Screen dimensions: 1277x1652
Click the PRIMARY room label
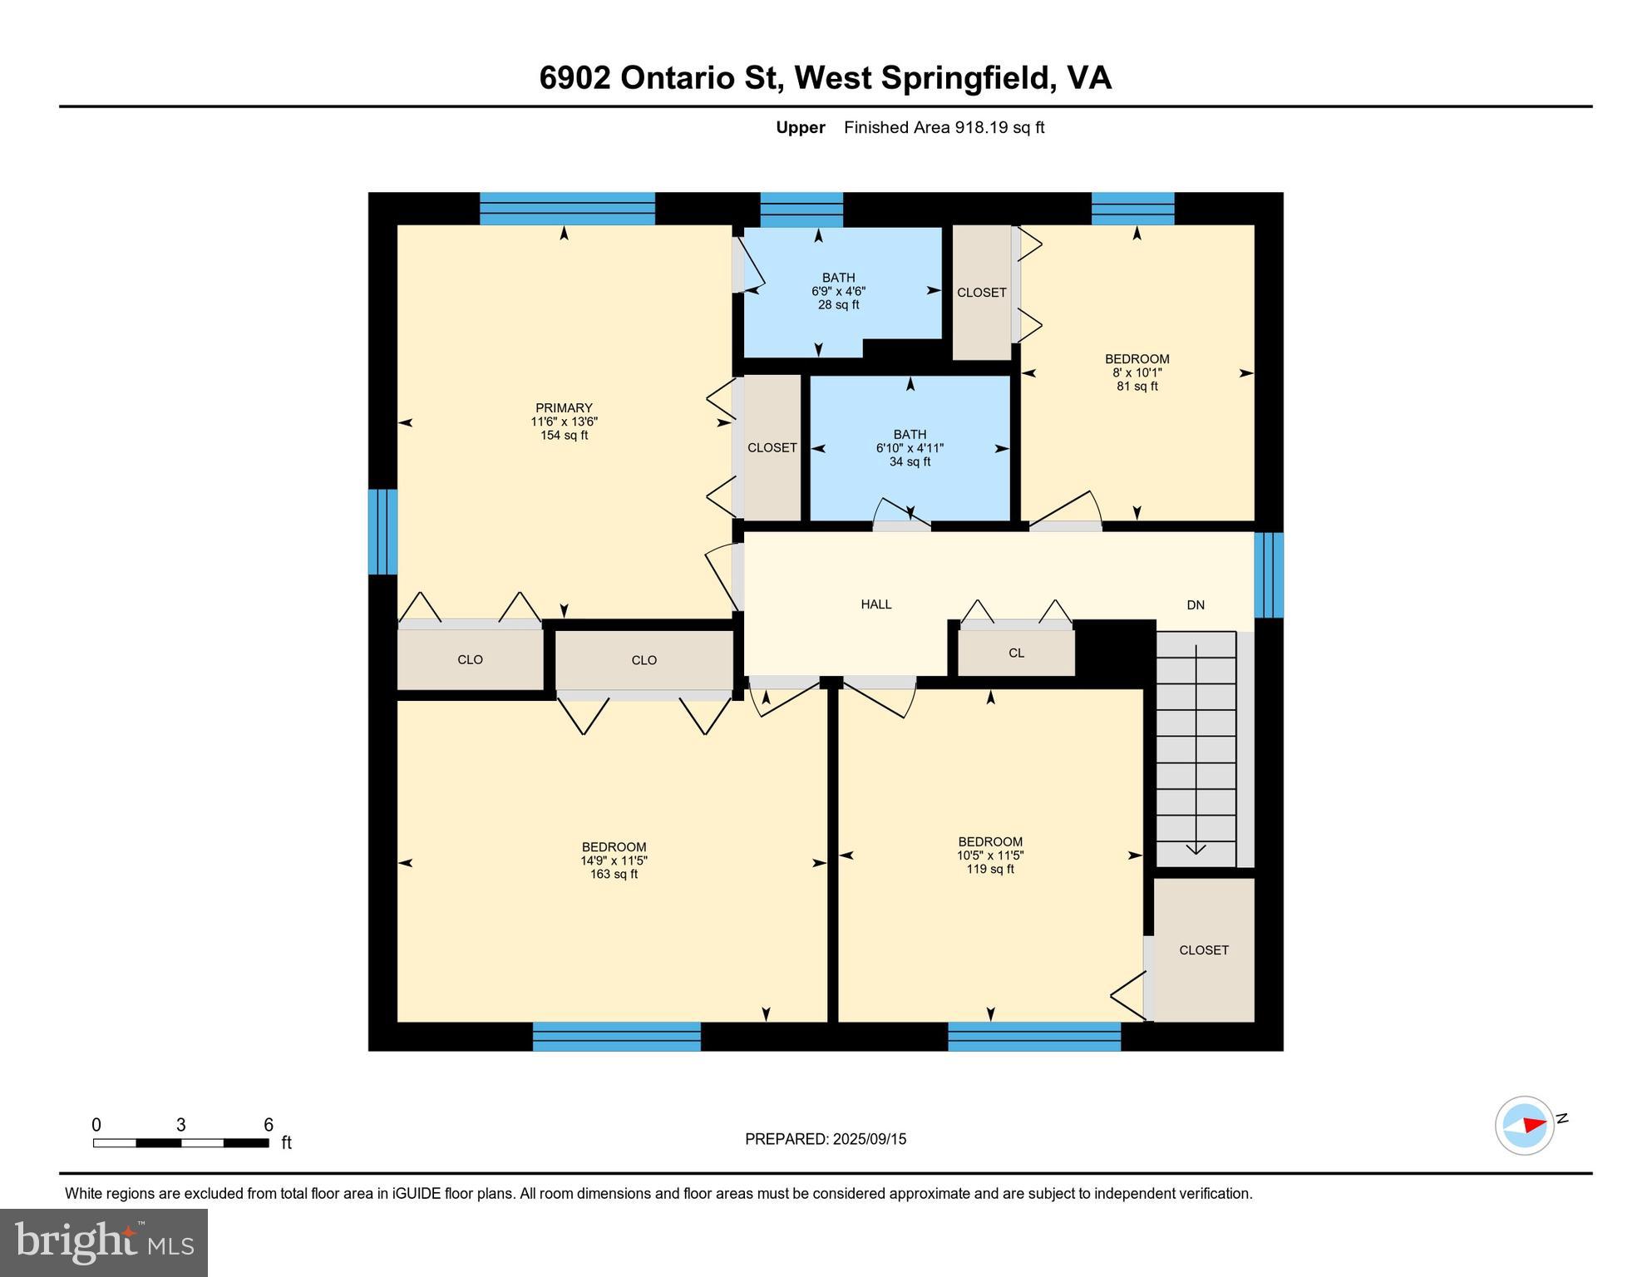564,408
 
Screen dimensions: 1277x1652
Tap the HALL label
875,604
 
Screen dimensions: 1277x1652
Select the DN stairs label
1195,605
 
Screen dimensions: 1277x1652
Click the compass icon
1524,1125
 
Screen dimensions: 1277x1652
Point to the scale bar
180,1142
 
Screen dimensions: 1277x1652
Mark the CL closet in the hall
1016,653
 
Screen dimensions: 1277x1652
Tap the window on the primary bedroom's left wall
382,532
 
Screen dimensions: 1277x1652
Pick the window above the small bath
801,209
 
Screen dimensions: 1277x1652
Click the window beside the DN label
1268,575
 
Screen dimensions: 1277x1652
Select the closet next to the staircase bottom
1203,949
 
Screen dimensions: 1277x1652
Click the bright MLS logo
104,1242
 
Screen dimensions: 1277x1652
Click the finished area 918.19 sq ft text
944,127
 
